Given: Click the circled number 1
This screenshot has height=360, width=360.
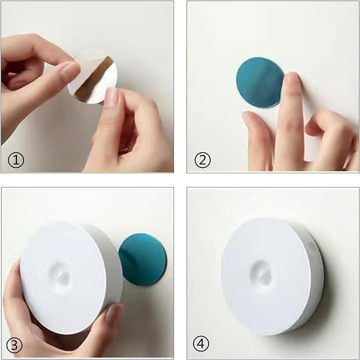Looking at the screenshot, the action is pyautogui.click(x=16, y=160).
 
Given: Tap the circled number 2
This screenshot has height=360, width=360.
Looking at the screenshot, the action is pyautogui.click(x=202, y=160).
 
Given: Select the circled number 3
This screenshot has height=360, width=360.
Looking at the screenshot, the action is pyautogui.click(x=14, y=346).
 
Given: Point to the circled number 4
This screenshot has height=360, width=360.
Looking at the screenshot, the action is pyautogui.click(x=201, y=344).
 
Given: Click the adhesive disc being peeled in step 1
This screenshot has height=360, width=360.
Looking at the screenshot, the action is pyautogui.click(x=92, y=76).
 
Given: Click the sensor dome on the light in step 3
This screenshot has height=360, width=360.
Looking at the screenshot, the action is pyautogui.click(x=59, y=274).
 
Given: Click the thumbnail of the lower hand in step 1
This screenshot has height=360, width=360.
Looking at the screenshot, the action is pyautogui.click(x=111, y=97).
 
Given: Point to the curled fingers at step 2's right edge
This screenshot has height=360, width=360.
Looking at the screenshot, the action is pyautogui.click(x=331, y=138).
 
